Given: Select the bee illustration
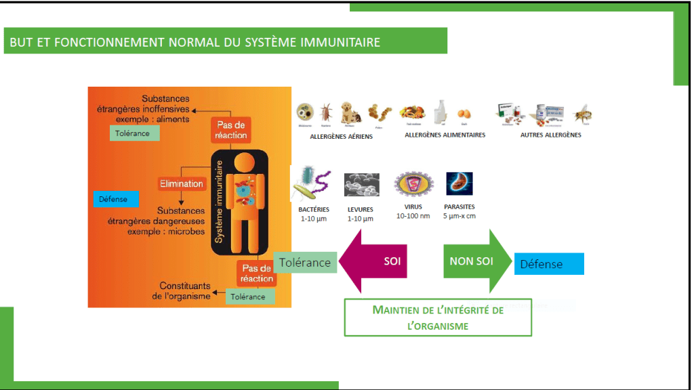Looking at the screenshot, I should [581, 113].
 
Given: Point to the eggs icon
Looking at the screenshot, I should [464, 114].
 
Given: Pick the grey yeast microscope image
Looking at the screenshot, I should [361, 184].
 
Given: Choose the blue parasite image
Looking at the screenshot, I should [459, 183].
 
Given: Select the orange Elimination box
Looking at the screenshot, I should [181, 183].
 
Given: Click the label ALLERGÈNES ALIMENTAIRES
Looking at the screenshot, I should [445, 135].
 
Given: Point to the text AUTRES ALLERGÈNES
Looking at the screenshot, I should [550, 135].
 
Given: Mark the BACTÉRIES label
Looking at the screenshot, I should [314, 209].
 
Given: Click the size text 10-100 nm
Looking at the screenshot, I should [413, 217].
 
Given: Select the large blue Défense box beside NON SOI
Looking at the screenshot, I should [549, 264].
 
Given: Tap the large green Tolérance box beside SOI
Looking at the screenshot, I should [305, 262].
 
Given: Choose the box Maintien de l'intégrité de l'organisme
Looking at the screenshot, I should [438, 318].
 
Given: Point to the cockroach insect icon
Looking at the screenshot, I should [327, 112].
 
